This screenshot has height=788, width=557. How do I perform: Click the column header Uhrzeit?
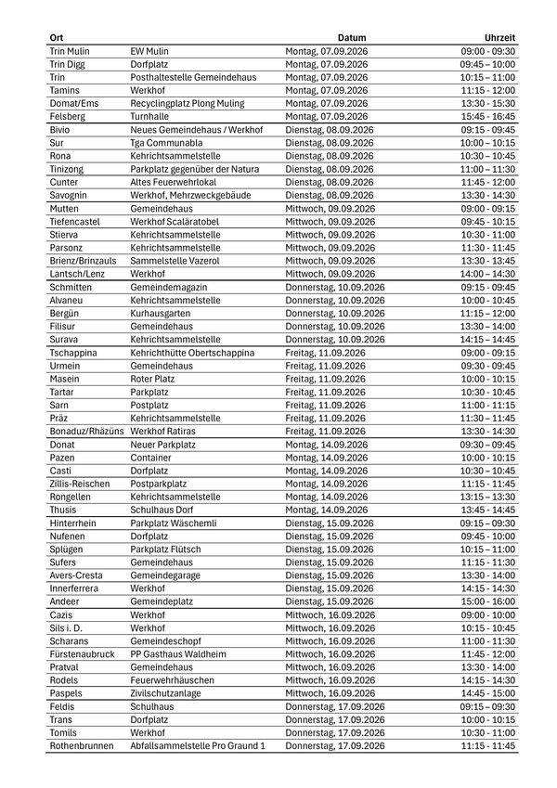[x=499, y=38]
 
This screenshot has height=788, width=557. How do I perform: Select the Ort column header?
[x=56, y=38]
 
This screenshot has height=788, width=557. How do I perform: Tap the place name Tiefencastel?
[x=75, y=222]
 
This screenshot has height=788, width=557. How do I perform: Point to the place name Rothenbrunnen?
[x=81, y=746]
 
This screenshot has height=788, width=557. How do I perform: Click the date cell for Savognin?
[x=328, y=195]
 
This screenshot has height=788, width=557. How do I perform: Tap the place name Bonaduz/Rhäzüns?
[x=85, y=432]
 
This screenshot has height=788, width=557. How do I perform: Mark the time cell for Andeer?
[x=488, y=601]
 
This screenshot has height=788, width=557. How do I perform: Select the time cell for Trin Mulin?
[x=488, y=51]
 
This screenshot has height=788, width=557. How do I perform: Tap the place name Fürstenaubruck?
[x=82, y=654]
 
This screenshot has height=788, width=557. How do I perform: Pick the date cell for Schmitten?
[x=334, y=288]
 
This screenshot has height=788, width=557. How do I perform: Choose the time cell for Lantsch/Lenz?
[x=488, y=274]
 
